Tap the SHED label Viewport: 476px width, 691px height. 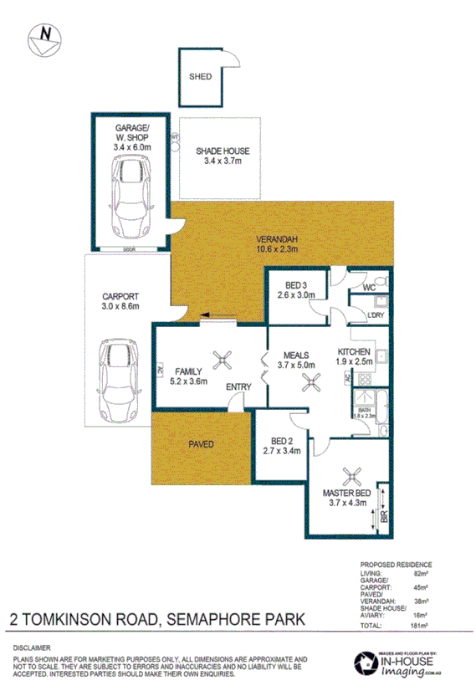199,76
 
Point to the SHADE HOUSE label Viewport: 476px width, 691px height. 223,151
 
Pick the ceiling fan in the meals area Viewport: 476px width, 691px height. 311,381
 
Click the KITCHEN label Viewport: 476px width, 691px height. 354,351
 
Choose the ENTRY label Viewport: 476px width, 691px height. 241,386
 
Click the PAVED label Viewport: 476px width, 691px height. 202,444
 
